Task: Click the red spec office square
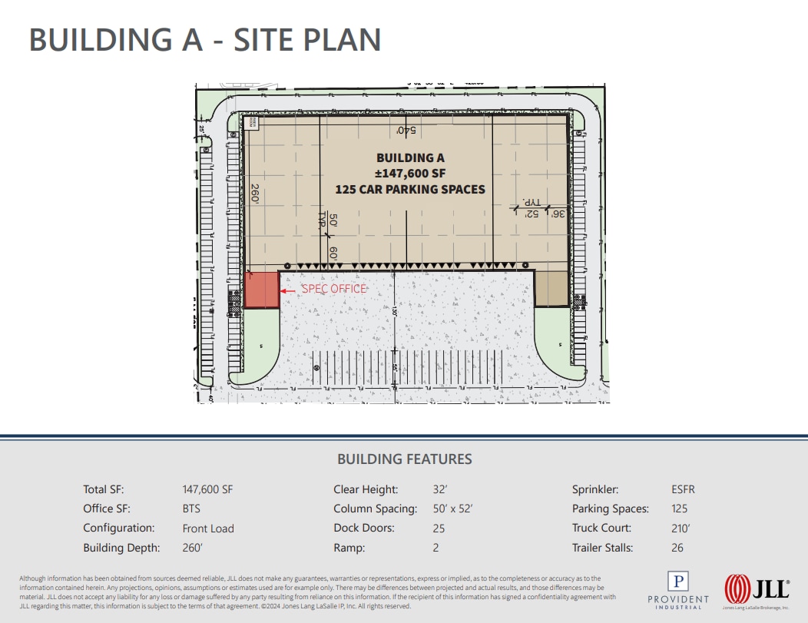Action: (261, 290)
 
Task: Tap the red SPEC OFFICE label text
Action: (334, 289)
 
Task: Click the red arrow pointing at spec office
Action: (288, 290)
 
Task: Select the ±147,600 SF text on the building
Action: (410, 173)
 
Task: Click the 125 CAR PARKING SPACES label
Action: (410, 189)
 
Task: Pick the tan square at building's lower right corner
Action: (550, 289)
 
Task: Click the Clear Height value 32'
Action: (439, 489)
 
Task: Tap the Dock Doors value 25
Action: (439, 529)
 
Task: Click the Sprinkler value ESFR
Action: (683, 489)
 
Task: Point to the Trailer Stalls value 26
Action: (677, 548)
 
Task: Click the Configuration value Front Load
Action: (208, 529)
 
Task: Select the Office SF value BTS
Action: (193, 509)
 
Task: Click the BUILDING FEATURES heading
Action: (405, 459)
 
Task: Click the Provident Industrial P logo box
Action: (678, 582)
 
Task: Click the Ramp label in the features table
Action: (349, 548)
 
